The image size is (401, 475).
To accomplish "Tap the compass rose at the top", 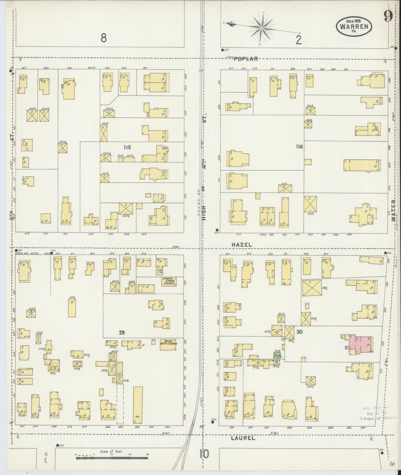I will click(261, 28).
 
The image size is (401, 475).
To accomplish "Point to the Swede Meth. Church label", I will click(169, 342).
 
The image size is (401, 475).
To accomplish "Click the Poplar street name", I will click(246, 58).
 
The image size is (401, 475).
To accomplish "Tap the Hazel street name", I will click(242, 245).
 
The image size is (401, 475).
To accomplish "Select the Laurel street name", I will click(243, 438).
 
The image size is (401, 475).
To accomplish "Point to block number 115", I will click(127, 147).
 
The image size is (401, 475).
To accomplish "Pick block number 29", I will click(122, 333).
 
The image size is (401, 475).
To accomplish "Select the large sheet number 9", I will click(388, 17).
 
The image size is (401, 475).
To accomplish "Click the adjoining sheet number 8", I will click(104, 38).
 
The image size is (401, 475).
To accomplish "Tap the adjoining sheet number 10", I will click(204, 454).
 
